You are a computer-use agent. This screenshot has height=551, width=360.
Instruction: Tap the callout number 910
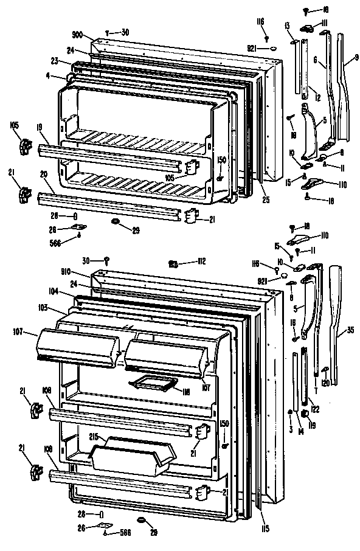point(80,271)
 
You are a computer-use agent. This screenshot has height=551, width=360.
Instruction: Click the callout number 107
point(18,332)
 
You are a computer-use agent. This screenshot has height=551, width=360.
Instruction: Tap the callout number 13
point(286,25)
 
